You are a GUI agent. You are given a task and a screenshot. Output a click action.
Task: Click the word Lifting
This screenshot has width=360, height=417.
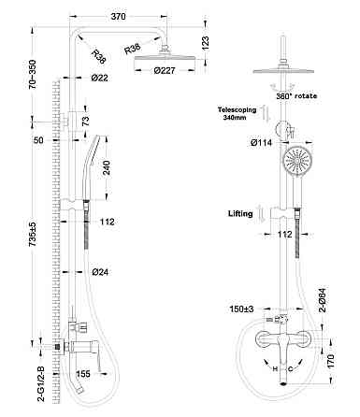click(x=240, y=213)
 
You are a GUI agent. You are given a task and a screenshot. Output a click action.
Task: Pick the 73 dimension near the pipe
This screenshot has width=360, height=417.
click(x=87, y=122)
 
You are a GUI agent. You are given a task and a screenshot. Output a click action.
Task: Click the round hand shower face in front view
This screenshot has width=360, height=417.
click(x=295, y=164)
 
